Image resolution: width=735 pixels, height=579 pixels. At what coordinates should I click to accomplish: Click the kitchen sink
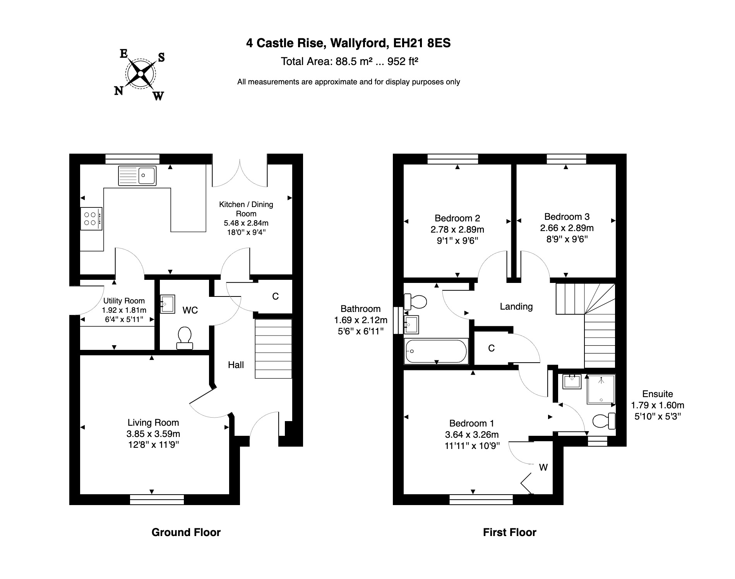137,176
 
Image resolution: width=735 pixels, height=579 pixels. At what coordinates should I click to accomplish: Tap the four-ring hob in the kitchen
91,219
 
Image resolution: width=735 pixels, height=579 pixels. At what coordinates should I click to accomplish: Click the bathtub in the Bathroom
436,351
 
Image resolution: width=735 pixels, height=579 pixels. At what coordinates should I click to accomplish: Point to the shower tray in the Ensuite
601,389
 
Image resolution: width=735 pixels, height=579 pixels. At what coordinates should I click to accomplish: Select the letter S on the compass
161,57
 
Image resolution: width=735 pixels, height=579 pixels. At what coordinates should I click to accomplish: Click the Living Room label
153,423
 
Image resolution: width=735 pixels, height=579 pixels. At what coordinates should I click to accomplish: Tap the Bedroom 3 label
567,217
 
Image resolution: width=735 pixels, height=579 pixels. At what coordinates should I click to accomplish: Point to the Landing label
516,307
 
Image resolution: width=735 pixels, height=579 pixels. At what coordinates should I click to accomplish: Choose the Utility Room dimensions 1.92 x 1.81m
124,310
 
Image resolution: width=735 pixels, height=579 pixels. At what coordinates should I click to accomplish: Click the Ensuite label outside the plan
657,394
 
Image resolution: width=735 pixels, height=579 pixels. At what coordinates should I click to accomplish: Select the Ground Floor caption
186,533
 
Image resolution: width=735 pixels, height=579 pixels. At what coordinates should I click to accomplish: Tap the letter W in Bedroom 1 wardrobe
543,468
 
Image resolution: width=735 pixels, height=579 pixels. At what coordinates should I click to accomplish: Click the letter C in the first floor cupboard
491,348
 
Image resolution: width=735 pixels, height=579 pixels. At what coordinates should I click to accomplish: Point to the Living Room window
157,499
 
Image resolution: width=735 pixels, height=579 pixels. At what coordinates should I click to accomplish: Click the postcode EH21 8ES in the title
422,43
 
